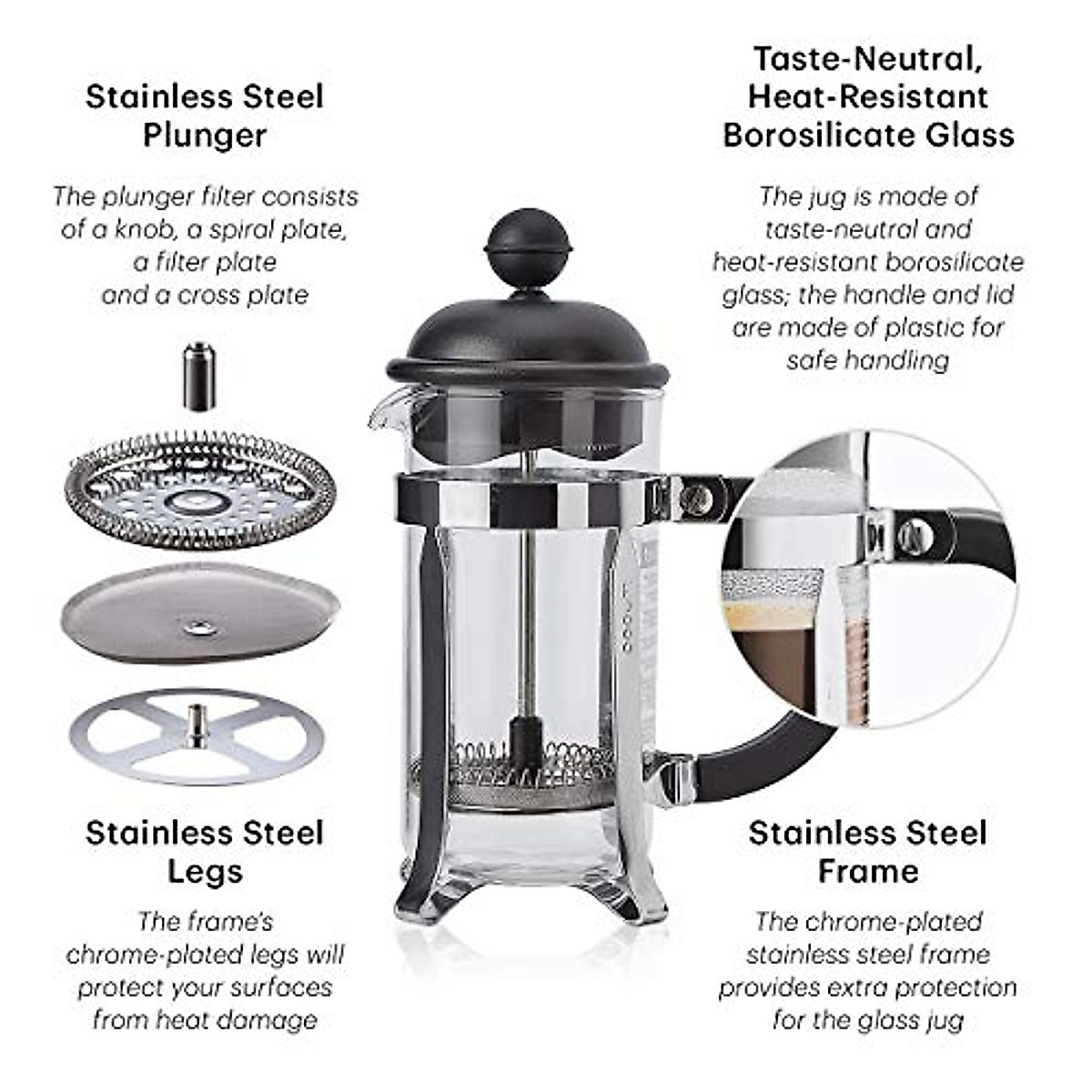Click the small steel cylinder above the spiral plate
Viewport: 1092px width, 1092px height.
[x=200, y=375]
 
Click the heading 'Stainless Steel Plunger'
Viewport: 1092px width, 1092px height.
[x=204, y=116]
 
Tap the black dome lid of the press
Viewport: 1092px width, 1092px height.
[x=528, y=337]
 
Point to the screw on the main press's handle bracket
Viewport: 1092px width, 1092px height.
[x=696, y=495]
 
